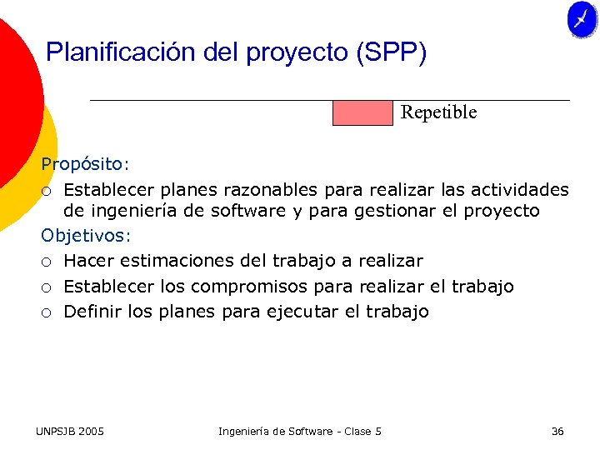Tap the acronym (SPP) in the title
click(391, 52)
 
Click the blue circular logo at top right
click(582, 20)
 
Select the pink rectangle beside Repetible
click(362, 112)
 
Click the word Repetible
click(438, 112)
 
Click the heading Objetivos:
click(86, 236)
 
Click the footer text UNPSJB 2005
click(70, 431)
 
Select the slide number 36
click(557, 431)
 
